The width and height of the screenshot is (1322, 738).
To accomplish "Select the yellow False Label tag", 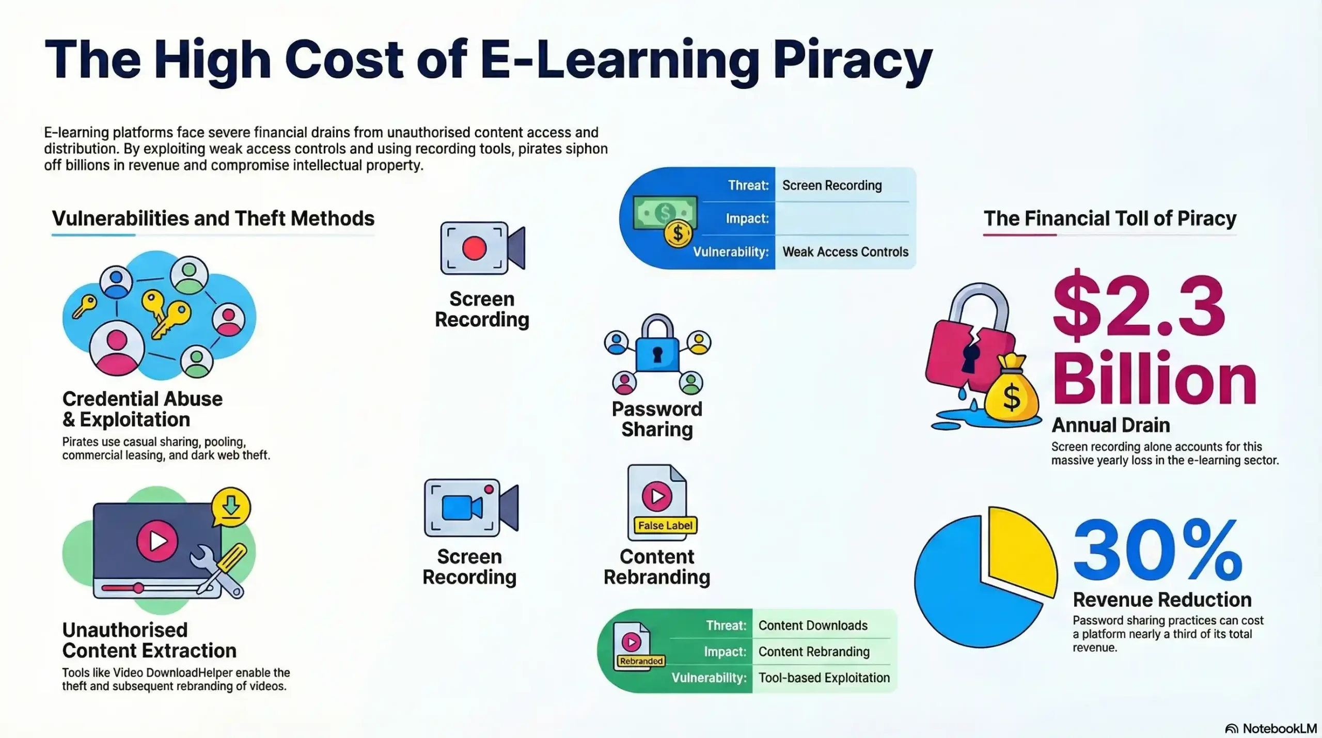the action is coord(665,525).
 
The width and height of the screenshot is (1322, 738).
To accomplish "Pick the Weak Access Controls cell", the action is coord(845,252).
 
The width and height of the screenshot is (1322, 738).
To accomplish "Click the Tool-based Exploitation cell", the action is coord(824,678).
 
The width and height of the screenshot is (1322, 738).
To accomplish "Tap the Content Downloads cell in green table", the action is coord(813,625).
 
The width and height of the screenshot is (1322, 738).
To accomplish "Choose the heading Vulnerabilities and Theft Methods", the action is coord(213,218).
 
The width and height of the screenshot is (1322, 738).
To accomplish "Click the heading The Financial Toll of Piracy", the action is coord(1110,218).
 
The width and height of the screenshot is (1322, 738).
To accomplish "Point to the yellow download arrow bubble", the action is coord(231,507).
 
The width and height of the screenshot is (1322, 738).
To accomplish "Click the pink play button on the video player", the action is coord(158,541).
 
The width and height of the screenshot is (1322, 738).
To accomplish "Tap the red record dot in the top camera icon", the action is coord(475,248).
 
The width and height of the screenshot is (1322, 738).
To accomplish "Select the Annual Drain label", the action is coord(1111,425).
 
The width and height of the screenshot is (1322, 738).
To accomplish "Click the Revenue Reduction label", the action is coord(1162,600).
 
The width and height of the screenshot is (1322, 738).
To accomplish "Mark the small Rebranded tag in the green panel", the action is coord(641,661).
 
